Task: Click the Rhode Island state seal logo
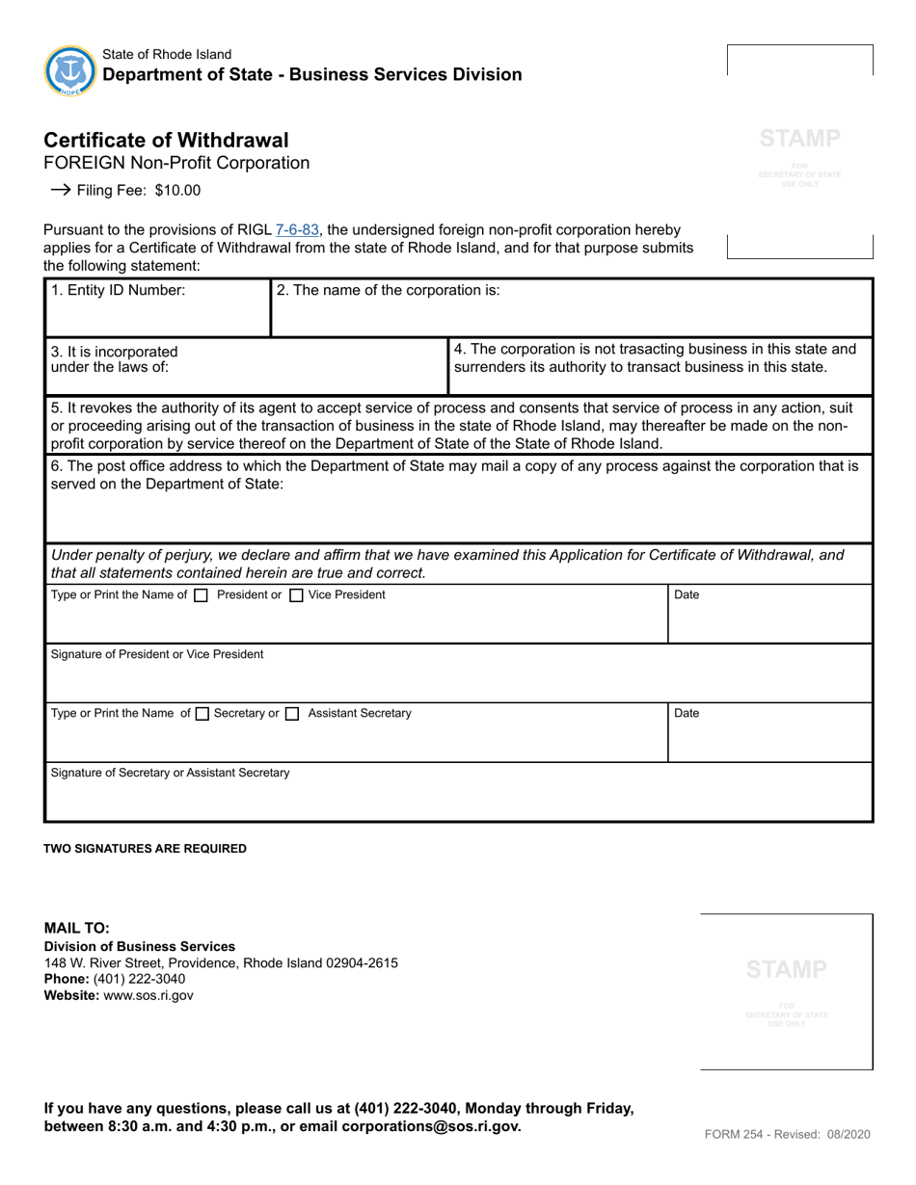[x=70, y=70]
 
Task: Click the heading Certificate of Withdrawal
[x=166, y=140]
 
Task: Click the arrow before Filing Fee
[x=61, y=190]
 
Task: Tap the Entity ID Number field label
[x=118, y=290]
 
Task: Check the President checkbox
[x=201, y=595]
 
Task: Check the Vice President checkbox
[x=297, y=595]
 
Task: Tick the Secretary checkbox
[x=202, y=714]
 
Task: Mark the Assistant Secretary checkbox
[x=293, y=714]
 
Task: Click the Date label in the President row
[x=687, y=595]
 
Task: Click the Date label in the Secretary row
[x=687, y=714]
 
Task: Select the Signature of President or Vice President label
[x=157, y=654]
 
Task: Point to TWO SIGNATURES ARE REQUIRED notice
[x=146, y=849]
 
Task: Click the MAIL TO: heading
[x=77, y=929]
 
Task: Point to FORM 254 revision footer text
[x=787, y=1134]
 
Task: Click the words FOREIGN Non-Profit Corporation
[x=177, y=163]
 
